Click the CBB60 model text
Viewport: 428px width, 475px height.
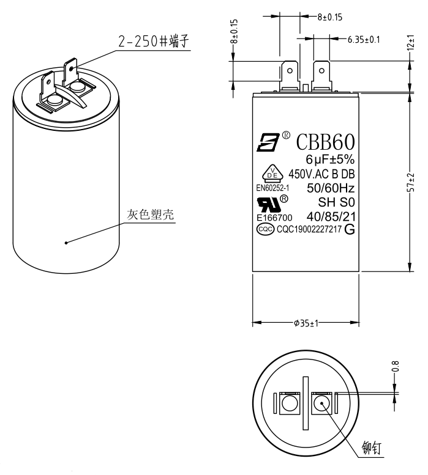(x=325, y=142)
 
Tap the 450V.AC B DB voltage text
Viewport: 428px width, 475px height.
(x=322, y=174)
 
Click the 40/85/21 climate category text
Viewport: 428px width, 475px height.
(x=331, y=216)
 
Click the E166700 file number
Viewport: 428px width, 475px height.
(x=274, y=217)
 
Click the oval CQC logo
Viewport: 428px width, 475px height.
(x=265, y=230)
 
